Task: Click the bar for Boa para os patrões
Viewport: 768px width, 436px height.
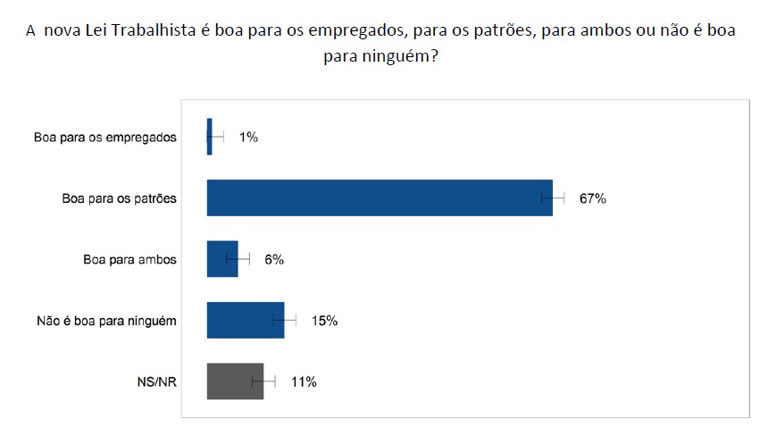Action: (380, 198)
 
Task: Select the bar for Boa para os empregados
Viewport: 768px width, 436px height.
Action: (209, 137)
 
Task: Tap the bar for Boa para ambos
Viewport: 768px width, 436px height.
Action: (222, 259)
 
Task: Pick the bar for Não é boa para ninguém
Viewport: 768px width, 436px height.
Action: (246, 320)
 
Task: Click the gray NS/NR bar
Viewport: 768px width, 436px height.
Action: (235, 381)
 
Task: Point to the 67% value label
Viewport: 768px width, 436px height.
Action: (592, 198)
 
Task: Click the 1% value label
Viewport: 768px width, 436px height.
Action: (248, 137)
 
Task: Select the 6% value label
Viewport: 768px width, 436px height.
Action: (273, 259)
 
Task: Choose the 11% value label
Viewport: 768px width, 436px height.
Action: (305, 381)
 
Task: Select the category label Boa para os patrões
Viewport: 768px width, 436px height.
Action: (120, 198)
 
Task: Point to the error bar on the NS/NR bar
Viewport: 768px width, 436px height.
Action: (264, 381)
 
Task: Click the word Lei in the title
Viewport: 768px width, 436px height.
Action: (101, 30)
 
